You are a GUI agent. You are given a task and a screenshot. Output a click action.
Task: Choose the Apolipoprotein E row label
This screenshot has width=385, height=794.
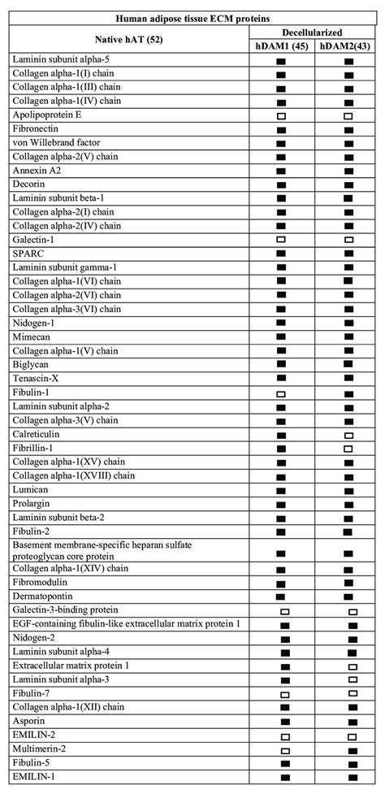click(47, 115)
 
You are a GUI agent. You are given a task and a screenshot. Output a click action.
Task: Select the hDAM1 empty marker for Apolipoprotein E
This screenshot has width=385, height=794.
click(281, 116)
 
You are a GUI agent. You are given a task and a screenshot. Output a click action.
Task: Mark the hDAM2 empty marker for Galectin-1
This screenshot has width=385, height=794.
click(348, 241)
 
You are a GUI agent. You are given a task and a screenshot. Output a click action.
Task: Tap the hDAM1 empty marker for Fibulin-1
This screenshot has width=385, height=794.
click(281, 393)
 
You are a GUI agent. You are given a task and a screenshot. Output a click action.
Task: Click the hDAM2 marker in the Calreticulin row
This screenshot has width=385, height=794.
click(348, 435)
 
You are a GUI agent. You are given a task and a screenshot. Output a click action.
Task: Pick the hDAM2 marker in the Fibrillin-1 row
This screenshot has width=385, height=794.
click(348, 449)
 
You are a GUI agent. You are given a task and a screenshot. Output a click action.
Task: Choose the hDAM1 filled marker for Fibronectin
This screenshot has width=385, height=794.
click(281, 130)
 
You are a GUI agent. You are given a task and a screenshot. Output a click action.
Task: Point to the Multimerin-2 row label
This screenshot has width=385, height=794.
click(41, 749)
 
